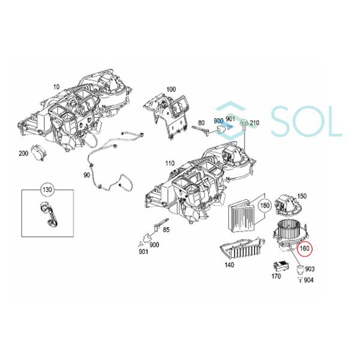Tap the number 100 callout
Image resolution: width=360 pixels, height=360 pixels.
(x=171, y=89)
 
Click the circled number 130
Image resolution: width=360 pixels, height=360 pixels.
(x=47, y=191)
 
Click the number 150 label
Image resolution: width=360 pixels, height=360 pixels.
(x=302, y=196)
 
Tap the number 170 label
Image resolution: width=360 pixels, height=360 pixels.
(x=277, y=277)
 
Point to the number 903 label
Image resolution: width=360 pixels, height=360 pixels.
(x=310, y=271)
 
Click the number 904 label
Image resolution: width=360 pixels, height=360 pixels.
(x=308, y=280)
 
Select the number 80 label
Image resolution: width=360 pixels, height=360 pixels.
(x=202, y=122)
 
